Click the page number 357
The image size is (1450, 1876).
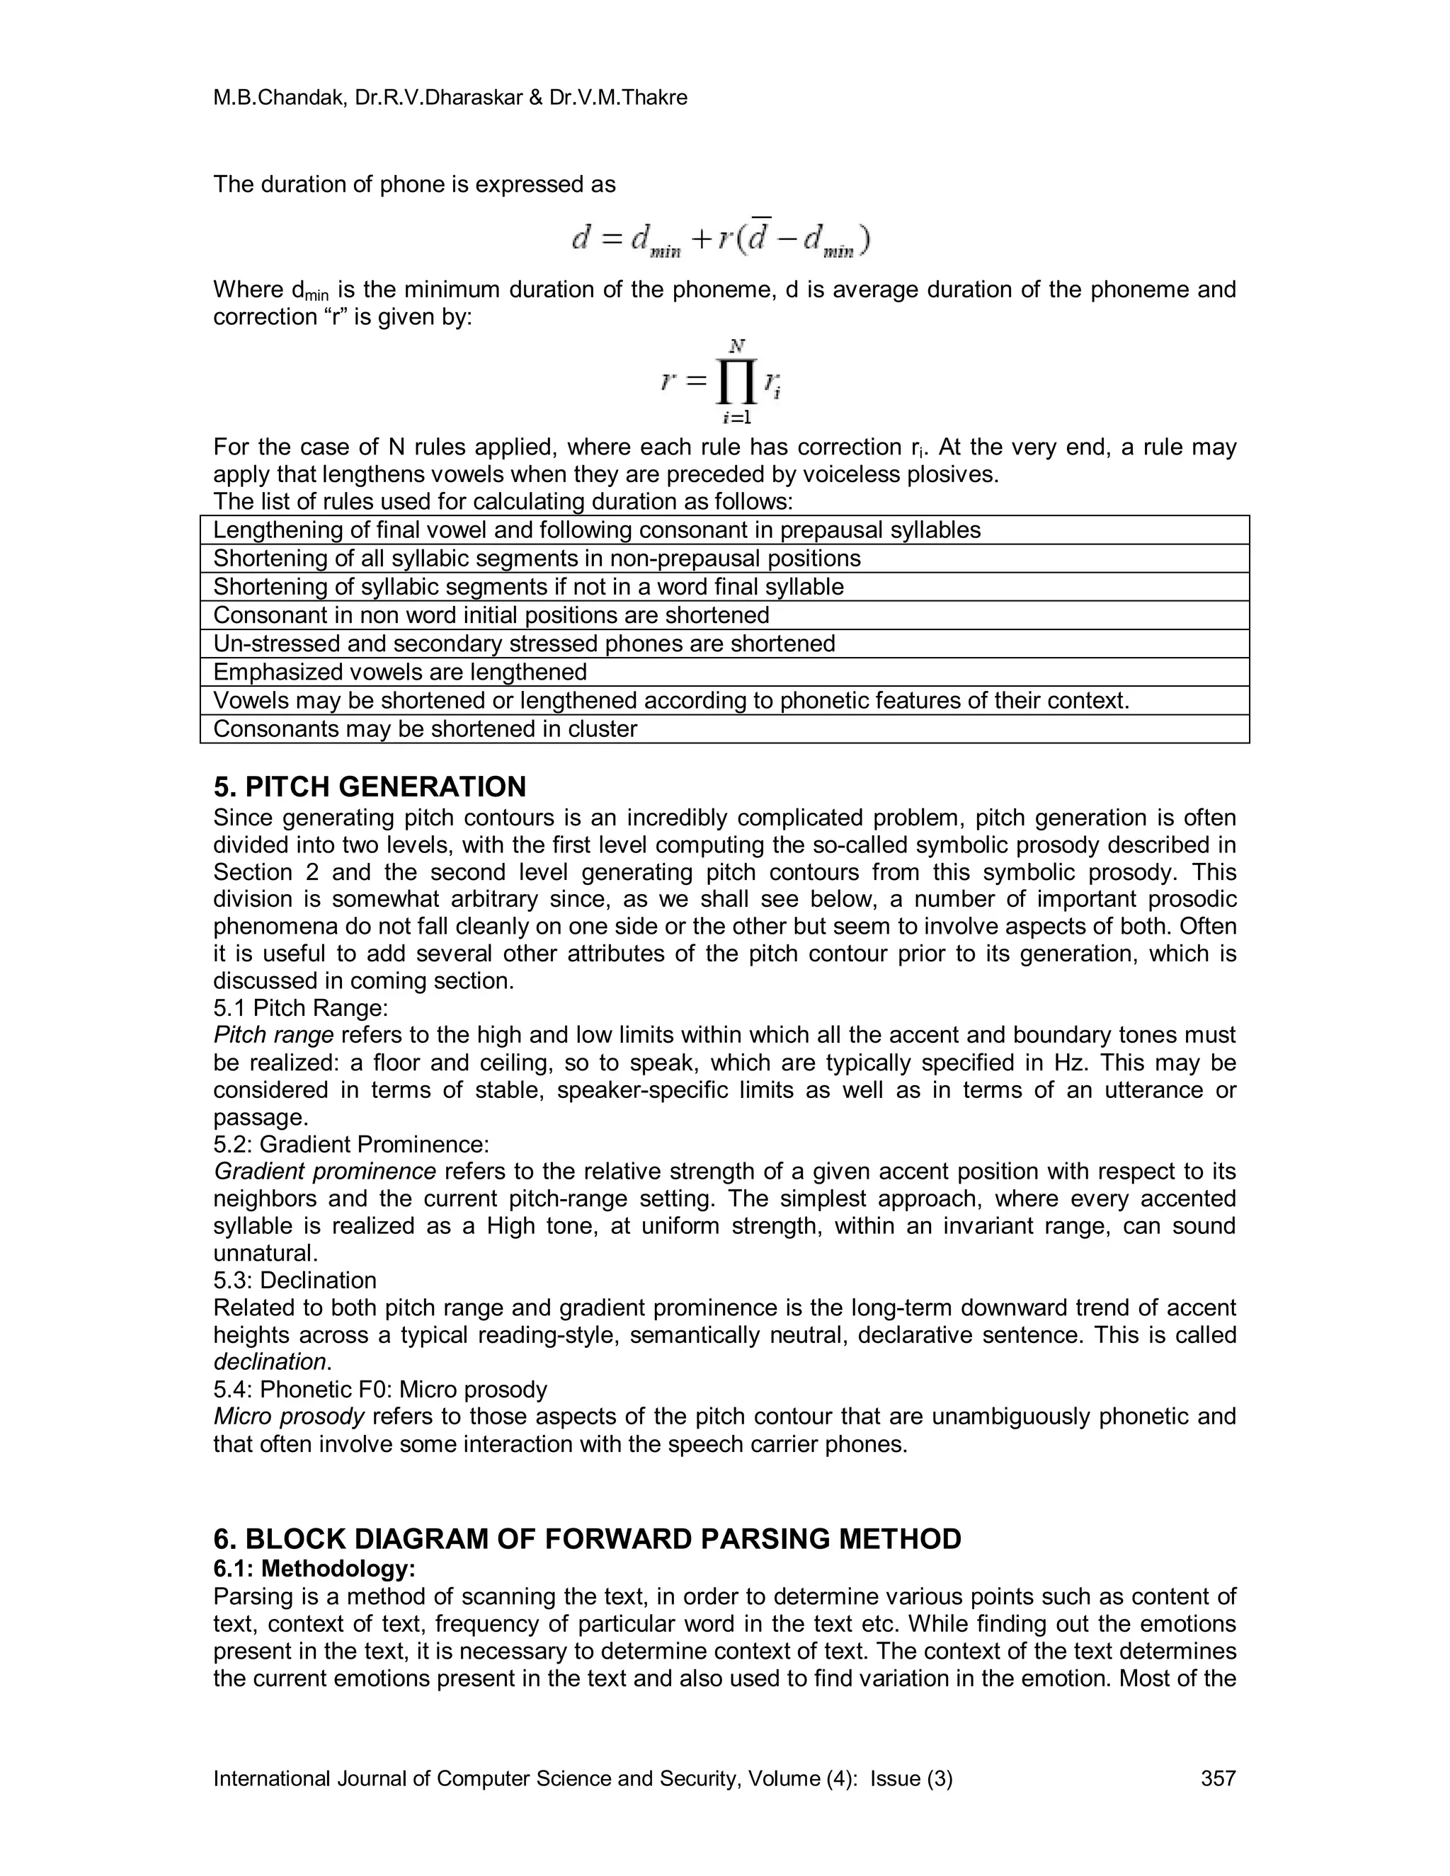click(1217, 1778)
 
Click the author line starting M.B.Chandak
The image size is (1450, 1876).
click(450, 98)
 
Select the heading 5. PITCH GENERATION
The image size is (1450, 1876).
click(370, 787)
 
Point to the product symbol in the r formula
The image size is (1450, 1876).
click(734, 382)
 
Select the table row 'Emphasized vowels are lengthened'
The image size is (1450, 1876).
click(400, 672)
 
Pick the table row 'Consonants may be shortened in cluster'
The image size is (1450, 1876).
click(426, 728)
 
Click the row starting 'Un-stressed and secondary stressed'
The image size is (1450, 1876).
click(524, 644)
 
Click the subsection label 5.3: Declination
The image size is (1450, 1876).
click(295, 1280)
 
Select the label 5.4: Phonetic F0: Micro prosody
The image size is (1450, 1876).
click(379, 1389)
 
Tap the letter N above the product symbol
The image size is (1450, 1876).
click(736, 347)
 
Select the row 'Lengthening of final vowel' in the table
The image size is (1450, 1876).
click(597, 530)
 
